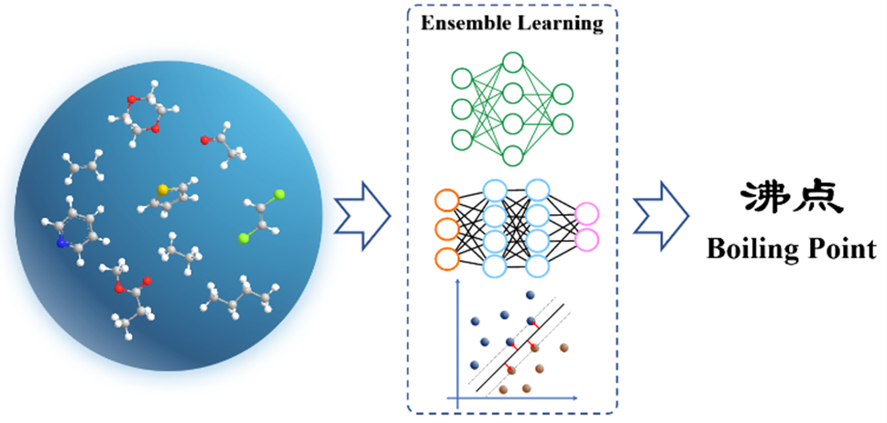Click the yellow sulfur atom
tap(163, 190)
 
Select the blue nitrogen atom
tap(61, 244)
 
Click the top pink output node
tap(586, 214)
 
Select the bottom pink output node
tap(586, 241)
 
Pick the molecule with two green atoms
tap(263, 216)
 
